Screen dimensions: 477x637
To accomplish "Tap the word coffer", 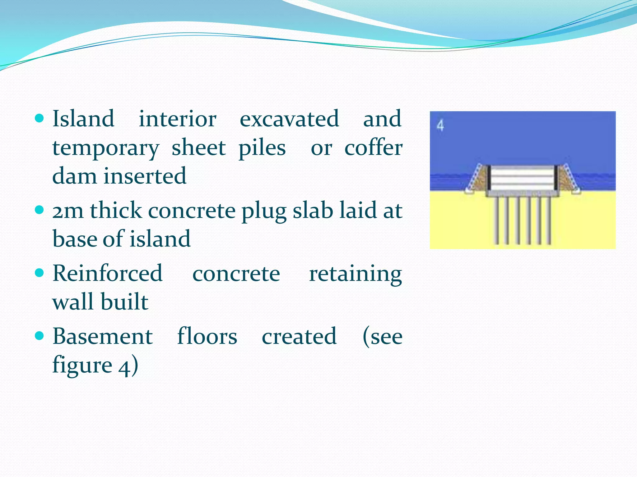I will click(x=373, y=148).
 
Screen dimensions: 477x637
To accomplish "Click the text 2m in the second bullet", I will click(x=68, y=211).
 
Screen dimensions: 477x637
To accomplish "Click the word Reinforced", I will click(x=108, y=273).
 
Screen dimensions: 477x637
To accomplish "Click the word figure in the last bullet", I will click(x=82, y=366).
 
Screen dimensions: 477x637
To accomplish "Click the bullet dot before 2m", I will click(x=40, y=210).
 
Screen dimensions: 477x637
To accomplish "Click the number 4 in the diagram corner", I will click(x=440, y=125).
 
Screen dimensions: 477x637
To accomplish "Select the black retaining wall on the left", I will click(x=489, y=178).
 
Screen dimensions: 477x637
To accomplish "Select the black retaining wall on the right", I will click(x=556, y=178).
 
